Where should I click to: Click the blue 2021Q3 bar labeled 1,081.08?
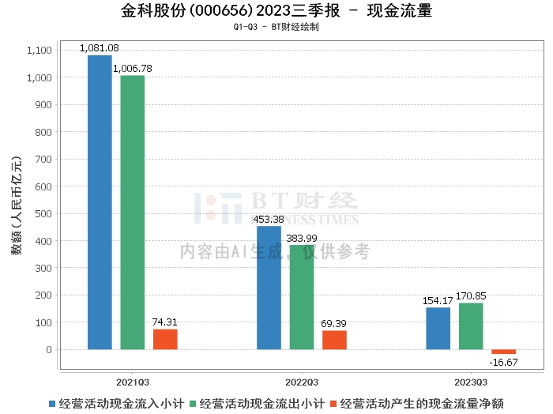100,202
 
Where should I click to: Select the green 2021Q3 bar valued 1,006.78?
133,213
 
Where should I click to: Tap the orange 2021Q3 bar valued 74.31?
165,339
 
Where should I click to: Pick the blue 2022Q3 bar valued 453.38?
269,288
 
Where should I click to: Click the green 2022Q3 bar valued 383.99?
302,297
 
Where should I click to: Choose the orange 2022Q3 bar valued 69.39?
334,340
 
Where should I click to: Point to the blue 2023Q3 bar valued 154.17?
438,328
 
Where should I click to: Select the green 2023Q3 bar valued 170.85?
471,326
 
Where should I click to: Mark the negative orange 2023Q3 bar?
503,352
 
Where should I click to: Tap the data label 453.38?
269,219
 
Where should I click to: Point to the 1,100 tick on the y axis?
39,51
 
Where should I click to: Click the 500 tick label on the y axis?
43,213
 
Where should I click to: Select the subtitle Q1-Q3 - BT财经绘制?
276,27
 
